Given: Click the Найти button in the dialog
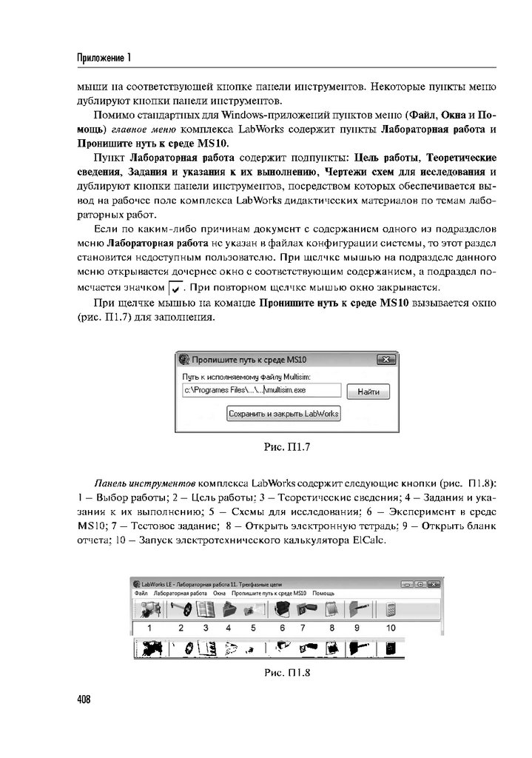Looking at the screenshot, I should tap(368, 392).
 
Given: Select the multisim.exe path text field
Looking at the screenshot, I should tap(261, 391).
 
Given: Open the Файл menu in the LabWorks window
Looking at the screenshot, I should tap(141, 594).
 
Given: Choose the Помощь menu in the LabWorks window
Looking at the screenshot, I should tap(323, 594).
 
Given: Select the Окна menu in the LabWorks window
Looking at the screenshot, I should tap(219, 594).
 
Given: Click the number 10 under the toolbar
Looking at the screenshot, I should tap(391, 627).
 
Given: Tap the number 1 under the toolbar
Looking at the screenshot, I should tap(149, 627).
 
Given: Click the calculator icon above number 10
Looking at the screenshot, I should tap(391, 610).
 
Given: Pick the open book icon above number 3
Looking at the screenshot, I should tap(206, 610).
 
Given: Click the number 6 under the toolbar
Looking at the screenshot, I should tap(282, 627).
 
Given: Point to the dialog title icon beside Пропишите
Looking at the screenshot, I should tap(183, 360).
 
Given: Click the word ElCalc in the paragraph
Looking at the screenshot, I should tap(368, 540).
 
